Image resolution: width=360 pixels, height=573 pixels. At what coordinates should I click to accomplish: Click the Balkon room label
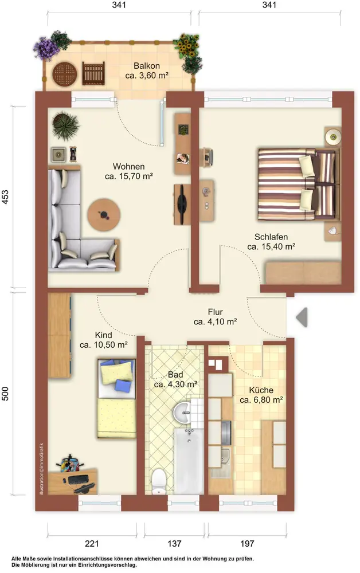(147, 66)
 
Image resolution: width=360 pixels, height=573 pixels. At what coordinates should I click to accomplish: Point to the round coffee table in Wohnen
(104, 214)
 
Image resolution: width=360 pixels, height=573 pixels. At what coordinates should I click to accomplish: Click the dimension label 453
(5, 197)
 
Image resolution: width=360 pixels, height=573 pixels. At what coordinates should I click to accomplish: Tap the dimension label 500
(5, 394)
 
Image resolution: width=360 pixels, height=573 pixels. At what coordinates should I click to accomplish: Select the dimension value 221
(92, 543)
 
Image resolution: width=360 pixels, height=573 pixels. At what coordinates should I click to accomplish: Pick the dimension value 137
(174, 543)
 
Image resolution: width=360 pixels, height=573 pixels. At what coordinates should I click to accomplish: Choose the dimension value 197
(247, 543)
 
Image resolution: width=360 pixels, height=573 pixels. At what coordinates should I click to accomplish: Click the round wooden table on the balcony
(65, 74)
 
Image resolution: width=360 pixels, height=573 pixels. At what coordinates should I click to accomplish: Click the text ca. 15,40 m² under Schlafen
(271, 246)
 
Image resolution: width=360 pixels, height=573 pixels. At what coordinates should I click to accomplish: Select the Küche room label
(261, 390)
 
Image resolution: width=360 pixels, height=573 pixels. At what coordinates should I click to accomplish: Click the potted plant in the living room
(66, 126)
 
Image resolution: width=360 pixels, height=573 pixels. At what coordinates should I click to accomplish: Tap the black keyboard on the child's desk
(78, 479)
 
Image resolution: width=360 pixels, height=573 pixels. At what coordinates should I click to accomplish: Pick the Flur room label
(216, 312)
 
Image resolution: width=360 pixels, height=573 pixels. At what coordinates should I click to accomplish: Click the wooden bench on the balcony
(93, 73)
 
